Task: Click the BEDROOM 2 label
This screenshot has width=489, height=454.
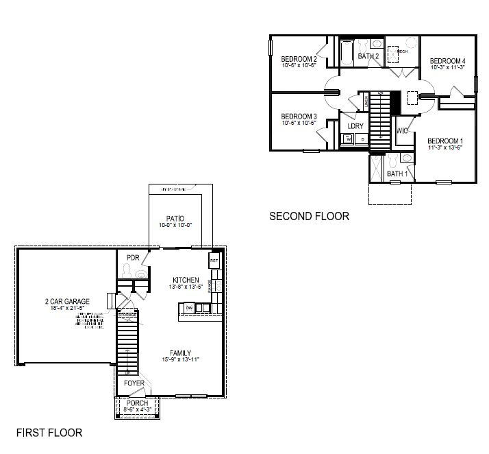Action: (299, 60)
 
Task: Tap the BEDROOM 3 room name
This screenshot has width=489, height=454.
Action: (299, 117)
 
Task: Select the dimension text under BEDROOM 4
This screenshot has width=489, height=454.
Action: (448, 68)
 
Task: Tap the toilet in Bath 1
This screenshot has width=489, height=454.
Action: (407, 159)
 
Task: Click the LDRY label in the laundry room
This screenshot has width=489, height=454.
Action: (355, 126)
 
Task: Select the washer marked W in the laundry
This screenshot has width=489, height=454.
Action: (348, 139)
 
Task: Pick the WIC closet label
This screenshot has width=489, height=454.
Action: (402, 130)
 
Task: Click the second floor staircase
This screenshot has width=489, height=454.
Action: (379, 117)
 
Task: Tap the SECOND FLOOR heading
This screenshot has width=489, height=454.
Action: (309, 217)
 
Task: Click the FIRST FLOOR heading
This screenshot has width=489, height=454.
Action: (49, 433)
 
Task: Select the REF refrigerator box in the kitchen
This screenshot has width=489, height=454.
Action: (213, 261)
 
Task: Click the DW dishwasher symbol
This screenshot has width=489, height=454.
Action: (188, 309)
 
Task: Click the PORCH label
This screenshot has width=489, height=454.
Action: (138, 403)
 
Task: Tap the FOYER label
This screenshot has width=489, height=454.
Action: (134, 383)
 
